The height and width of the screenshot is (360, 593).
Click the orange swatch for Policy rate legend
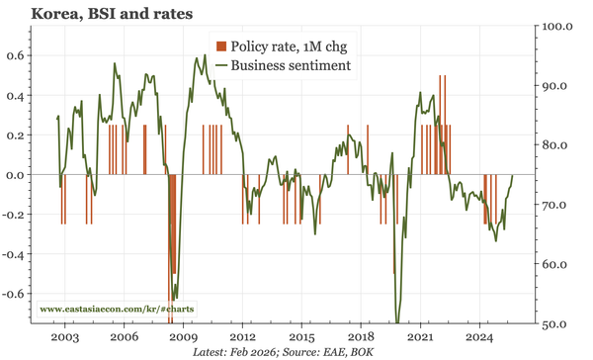(x=221, y=45)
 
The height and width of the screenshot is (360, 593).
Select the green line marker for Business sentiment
(x=221, y=65)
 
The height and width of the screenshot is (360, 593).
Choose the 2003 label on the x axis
(x=65, y=336)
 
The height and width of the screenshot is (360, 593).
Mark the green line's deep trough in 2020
(x=397, y=321)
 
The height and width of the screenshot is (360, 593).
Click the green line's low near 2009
(x=175, y=299)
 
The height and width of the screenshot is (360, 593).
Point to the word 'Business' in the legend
(x=259, y=65)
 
